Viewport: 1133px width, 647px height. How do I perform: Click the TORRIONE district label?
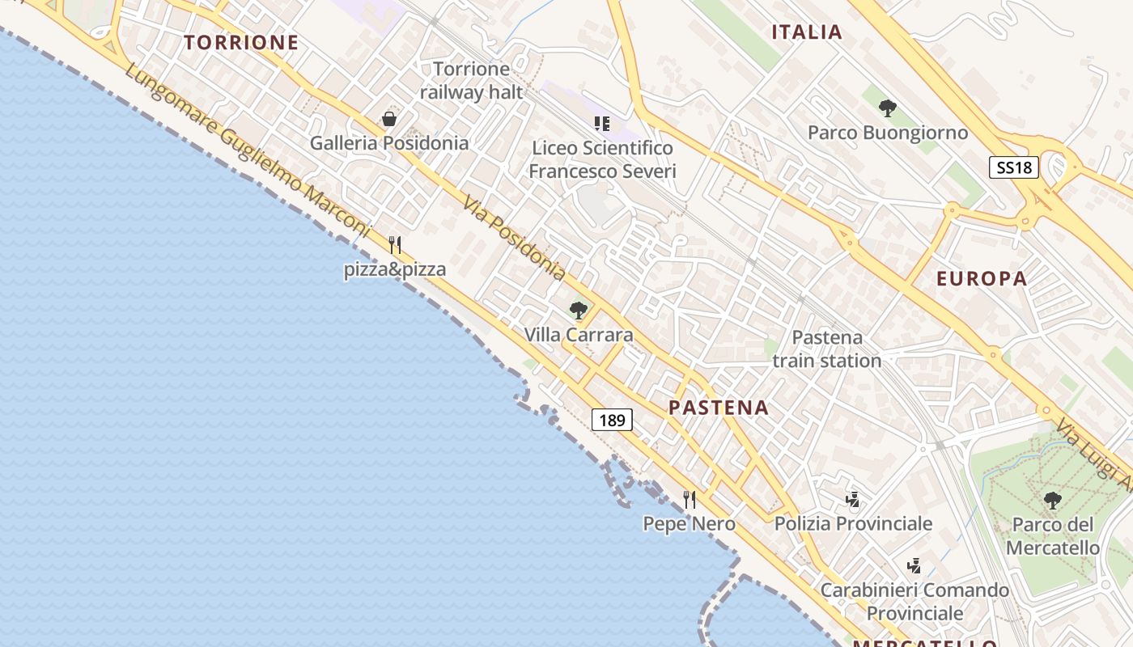241,43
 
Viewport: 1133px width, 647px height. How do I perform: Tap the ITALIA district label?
807,32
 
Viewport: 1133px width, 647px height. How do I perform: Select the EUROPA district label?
982,279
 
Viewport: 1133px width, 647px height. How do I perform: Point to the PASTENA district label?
719,408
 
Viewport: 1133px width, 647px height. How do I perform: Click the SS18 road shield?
1014,167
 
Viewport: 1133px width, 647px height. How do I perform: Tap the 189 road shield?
612,420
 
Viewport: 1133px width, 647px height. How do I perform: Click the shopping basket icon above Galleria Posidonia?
389,119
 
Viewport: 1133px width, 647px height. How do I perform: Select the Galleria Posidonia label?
389,143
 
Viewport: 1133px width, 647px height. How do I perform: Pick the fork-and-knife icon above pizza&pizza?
395,244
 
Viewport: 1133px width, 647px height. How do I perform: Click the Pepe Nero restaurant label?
689,524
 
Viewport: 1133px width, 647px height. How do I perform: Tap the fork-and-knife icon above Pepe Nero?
690,499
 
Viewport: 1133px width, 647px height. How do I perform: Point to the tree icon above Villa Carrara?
578,310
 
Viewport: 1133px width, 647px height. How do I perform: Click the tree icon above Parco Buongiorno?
888,108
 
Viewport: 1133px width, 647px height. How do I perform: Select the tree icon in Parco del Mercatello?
1052,501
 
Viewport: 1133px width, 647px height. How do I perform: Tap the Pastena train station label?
827,349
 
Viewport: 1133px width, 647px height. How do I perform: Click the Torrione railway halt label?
472,80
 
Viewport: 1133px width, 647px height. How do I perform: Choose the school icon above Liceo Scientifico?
601,124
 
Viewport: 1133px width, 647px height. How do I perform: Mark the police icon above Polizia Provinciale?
852,500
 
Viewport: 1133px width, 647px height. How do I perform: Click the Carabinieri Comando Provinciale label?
914,602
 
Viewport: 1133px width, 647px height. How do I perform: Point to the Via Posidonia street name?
514,238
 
